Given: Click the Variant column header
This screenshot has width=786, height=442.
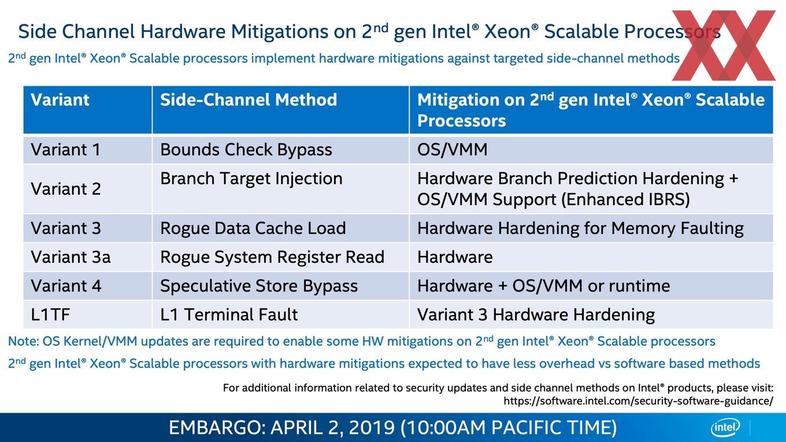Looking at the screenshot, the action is tap(60, 99).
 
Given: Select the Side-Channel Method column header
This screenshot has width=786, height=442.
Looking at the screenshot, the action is tap(249, 99).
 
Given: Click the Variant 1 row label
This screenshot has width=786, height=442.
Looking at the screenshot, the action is tap(66, 150).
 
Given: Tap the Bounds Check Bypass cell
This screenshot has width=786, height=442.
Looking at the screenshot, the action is tap(246, 150).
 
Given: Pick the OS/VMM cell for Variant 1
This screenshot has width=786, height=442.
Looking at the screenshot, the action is tap(453, 150).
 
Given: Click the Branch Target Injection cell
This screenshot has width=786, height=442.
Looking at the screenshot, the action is tap(251, 179).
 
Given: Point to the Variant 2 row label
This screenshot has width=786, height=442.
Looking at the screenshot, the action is tap(66, 189).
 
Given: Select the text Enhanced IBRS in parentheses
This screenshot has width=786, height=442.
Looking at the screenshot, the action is tap(625, 199).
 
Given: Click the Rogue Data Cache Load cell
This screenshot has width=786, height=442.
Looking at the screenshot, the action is tap(253, 228).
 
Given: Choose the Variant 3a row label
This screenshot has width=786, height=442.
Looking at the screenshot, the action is tap(71, 257).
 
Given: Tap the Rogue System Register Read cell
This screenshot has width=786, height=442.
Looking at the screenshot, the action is tap(272, 257).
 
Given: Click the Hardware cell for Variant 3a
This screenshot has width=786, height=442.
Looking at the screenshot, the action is tap(455, 257).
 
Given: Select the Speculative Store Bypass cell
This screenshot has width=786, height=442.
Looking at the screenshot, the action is tap(259, 286).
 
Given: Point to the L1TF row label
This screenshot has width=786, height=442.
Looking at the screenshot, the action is tap(50, 314).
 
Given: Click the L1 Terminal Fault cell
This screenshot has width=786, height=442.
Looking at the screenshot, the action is tap(229, 314).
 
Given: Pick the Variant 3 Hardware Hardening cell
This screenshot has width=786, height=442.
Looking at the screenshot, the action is tap(536, 315).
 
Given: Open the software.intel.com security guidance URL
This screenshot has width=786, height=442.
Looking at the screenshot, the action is tap(638, 400).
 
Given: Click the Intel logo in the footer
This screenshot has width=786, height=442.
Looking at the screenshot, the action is tap(725, 428).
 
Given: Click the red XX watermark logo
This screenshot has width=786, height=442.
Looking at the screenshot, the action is tap(724, 45).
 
